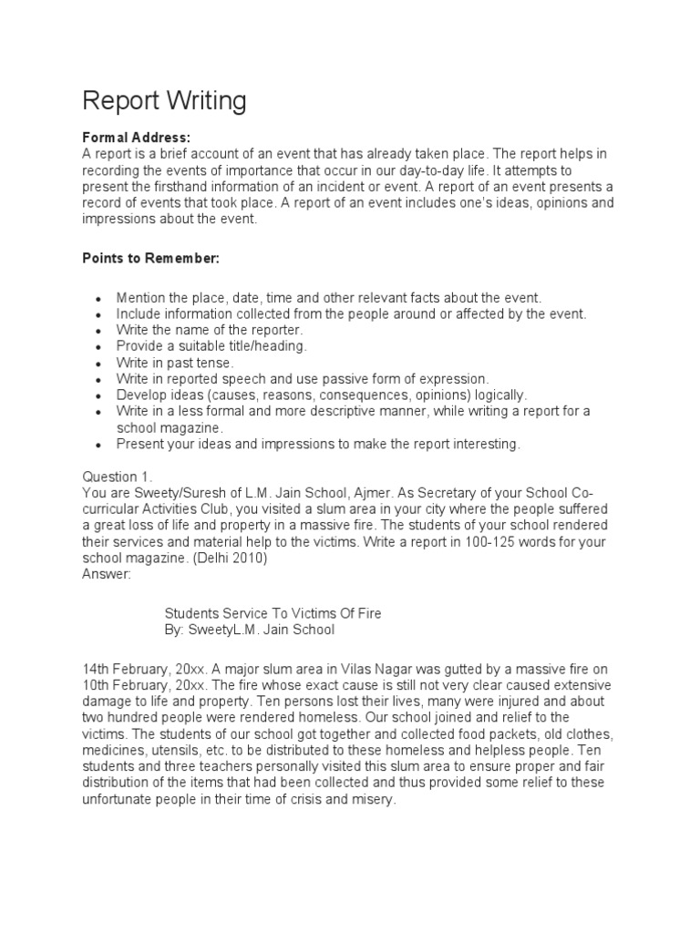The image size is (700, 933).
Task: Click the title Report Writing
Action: click(x=164, y=101)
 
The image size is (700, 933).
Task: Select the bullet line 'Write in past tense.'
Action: click(x=175, y=363)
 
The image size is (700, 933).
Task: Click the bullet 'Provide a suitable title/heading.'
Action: click(x=211, y=346)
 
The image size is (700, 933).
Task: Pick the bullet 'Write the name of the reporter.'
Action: click(x=209, y=330)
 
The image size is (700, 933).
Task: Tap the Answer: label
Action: click(x=108, y=575)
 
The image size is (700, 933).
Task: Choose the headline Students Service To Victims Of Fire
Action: click(x=273, y=614)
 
